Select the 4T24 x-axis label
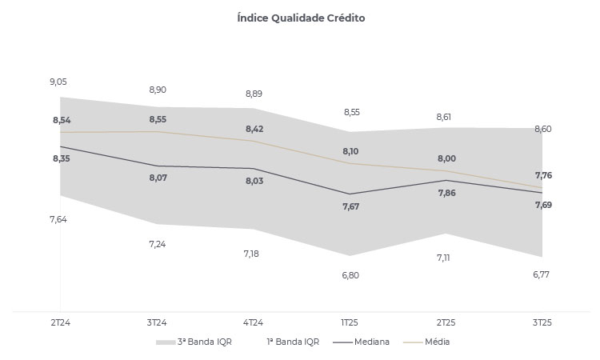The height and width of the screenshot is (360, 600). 253,322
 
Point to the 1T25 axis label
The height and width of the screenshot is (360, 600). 350,322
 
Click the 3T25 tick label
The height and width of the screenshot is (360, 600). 542,322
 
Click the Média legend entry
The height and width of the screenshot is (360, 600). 433,342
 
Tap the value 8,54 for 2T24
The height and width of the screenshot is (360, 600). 61,120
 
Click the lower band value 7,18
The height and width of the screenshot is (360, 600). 253,254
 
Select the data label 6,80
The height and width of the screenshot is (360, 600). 350,275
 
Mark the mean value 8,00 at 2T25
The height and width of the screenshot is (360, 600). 446,158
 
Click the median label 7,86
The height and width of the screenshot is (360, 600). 446,193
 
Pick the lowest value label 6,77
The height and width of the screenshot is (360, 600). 542,275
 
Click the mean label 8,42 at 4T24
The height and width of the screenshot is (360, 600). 254,129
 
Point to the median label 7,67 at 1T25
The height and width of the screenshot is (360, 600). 350,206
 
